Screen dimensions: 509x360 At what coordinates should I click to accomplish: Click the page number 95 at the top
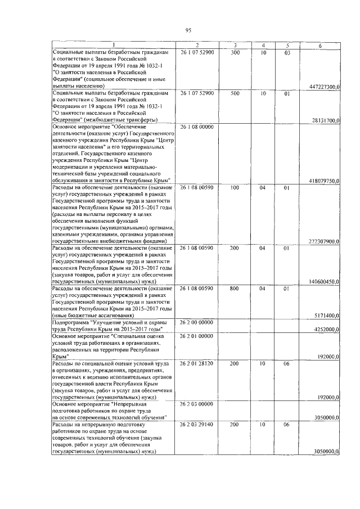(188, 30)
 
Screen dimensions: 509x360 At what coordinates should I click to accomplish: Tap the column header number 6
(320, 45)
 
